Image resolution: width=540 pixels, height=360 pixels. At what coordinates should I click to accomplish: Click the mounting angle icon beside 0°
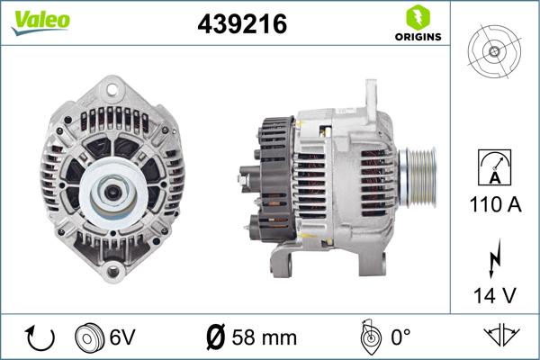pos(368,337)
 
